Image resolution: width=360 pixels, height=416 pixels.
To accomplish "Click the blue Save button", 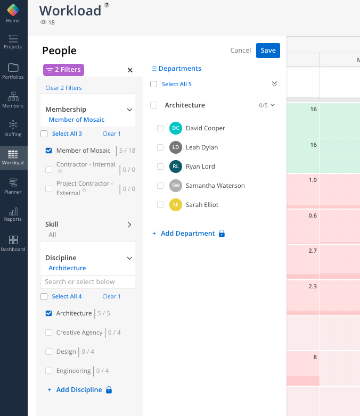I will (x=268, y=51).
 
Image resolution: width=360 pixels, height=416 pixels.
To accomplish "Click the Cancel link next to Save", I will (x=241, y=51).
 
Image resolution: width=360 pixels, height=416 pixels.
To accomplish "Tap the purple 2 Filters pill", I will (x=63, y=70).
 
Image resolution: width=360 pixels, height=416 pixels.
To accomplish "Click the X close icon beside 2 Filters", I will (x=130, y=70).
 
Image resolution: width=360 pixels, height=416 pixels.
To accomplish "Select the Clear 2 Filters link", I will (x=63, y=88).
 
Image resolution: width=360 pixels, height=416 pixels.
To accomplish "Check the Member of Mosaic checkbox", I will (x=49, y=151).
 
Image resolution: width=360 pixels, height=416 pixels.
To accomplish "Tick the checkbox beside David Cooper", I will (x=160, y=128).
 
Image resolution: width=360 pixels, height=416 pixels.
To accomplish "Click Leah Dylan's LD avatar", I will (x=176, y=147).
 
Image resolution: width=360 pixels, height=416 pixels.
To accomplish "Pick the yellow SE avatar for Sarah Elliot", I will (x=176, y=205).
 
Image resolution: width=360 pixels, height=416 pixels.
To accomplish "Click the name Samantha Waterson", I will (x=215, y=186).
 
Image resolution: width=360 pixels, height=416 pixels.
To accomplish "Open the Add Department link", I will (x=187, y=234).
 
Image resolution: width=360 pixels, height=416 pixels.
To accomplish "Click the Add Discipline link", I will (x=79, y=390).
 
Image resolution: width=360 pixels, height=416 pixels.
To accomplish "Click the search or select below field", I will (x=88, y=282).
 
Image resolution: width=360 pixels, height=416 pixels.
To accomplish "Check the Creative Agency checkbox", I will (x=49, y=332).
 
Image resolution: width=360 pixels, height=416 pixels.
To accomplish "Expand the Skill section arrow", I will (x=129, y=224).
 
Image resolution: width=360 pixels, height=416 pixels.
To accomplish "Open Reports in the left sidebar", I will (x=13, y=214).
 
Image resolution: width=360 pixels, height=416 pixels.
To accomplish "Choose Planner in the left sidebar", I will (x=13, y=187).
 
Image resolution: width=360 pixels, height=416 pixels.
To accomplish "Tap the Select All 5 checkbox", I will (x=154, y=84).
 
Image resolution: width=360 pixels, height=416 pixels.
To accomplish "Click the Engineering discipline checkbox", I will (x=49, y=371).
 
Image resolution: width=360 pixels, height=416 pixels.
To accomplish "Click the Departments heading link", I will (x=179, y=69).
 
